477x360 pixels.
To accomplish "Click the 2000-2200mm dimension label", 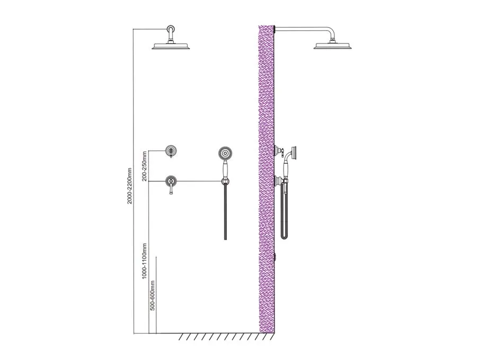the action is [x=129, y=186].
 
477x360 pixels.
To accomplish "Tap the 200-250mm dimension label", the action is [x=144, y=166].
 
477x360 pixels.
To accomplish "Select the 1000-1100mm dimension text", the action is [x=144, y=260].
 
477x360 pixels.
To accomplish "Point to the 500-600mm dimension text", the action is [x=153, y=295].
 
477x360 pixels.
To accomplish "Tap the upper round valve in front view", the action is [x=171, y=151].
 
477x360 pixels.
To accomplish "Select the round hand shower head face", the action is [x=225, y=153].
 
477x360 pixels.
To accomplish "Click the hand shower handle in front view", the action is [x=225, y=169].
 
